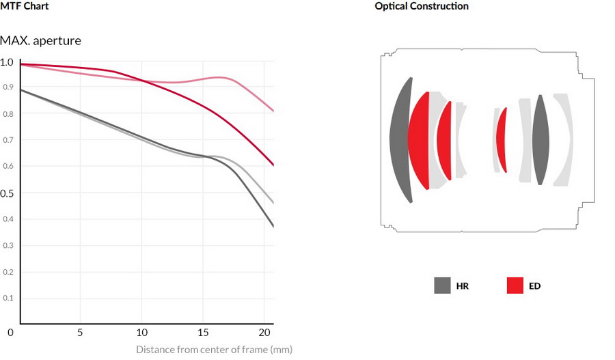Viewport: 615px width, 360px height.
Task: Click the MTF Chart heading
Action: [24, 6]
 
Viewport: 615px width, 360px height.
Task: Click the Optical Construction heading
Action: [421, 6]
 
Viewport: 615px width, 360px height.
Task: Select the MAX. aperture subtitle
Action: [40, 41]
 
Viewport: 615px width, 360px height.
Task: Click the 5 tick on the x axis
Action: [81, 333]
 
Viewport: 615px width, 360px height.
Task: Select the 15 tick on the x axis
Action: [202, 333]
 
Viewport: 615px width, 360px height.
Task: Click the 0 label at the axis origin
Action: [11, 333]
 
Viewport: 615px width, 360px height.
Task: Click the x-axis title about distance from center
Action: [214, 350]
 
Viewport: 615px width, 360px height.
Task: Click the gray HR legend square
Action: [442, 286]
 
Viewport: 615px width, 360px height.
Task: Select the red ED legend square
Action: [515, 286]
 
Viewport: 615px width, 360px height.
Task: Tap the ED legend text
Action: [534, 286]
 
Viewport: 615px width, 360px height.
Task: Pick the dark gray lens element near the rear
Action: [541, 140]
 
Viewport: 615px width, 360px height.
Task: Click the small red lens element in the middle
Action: [502, 140]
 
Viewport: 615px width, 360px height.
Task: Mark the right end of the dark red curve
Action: [273, 165]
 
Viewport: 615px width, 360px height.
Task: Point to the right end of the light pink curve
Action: [273, 111]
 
